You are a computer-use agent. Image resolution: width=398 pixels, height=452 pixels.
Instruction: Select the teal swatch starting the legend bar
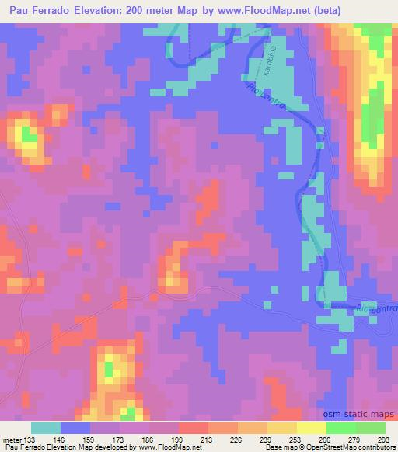46,428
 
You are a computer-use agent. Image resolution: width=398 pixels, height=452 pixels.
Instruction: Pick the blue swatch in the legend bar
75,428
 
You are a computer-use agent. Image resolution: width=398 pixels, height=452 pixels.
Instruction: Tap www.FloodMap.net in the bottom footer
163,447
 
